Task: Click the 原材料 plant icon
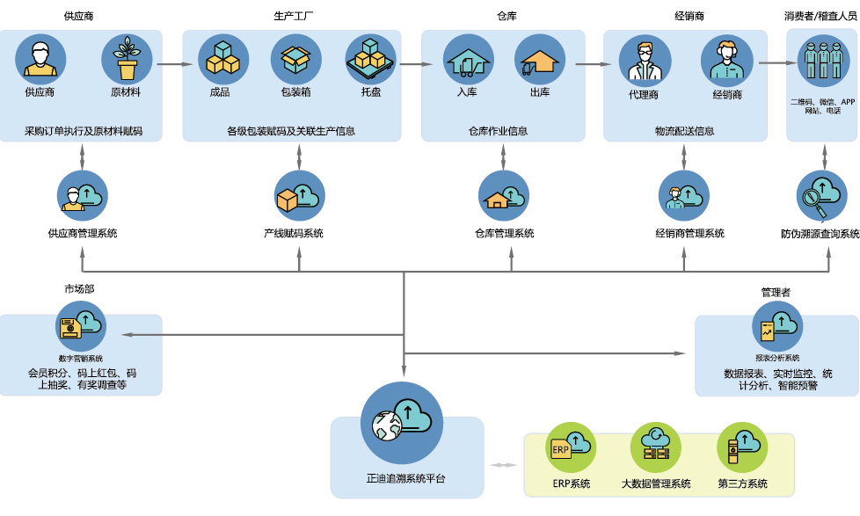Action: (127, 60)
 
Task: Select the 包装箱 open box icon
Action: (295, 60)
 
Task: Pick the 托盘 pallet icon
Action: (370, 60)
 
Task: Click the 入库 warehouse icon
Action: (467, 60)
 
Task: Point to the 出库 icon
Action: (540, 60)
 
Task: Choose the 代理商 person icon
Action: (644, 62)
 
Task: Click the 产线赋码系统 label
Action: (294, 234)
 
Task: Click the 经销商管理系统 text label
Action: (689, 234)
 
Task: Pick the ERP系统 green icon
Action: (571, 447)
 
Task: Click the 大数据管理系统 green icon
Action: (655, 447)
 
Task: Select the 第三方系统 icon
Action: (742, 447)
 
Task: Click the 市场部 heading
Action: (79, 289)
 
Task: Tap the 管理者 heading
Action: (777, 292)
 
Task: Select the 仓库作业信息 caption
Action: (498, 132)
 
